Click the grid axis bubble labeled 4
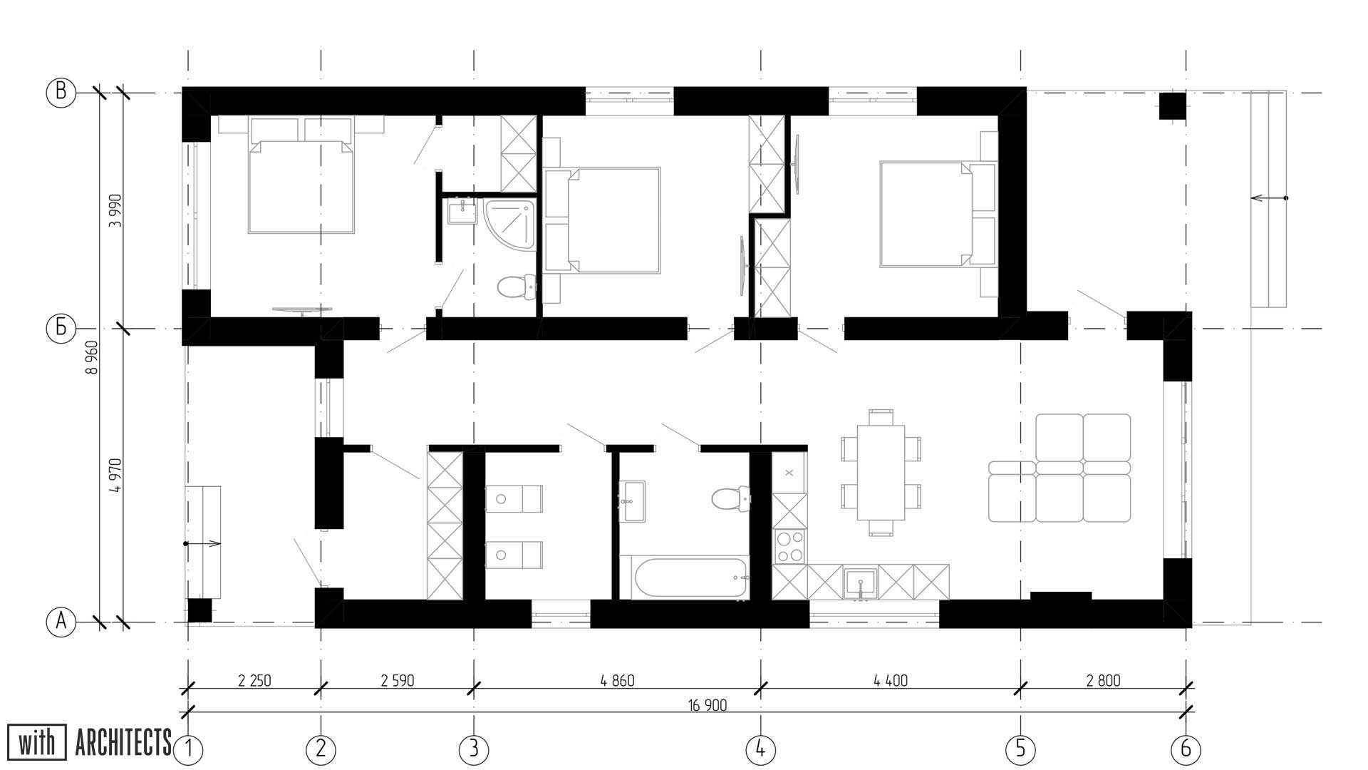(760, 749)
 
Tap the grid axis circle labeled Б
(61, 328)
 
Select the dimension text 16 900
(707, 706)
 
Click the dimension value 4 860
(617, 681)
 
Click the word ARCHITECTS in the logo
(123, 743)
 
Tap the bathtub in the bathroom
(690, 577)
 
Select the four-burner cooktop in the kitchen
(790, 547)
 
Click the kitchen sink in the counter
(861, 583)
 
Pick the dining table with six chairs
(881, 472)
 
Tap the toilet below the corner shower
(516, 287)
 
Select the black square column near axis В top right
(1172, 106)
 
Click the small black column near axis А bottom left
(199, 610)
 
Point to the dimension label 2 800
(1103, 681)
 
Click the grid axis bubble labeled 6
(1186, 749)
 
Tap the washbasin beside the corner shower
(463, 212)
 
